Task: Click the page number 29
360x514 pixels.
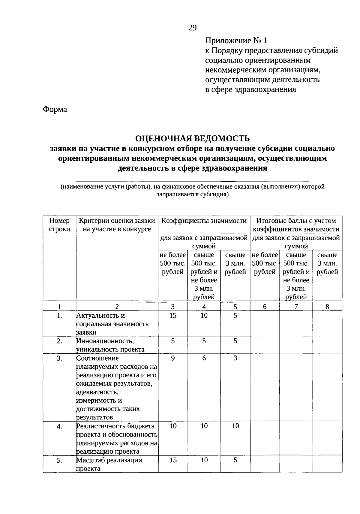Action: [x=192, y=28]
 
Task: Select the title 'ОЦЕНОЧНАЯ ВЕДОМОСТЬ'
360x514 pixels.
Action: [x=192, y=138]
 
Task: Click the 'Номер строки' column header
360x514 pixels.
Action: [x=59, y=225]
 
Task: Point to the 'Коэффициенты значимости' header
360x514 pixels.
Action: [x=204, y=221]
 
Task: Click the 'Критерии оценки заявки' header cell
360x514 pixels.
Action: [x=117, y=225]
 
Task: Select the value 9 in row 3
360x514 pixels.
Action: [x=173, y=358]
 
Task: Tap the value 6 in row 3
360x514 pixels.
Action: [x=204, y=358]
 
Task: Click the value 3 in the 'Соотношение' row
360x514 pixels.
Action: [x=235, y=358]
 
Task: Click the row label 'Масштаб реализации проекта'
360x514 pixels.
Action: [x=109, y=464]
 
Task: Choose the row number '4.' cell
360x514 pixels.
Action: [x=59, y=426]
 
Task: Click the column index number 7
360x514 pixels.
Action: [x=296, y=307]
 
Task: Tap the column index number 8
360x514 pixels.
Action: [x=327, y=307]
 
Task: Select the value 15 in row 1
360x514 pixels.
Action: [x=173, y=316]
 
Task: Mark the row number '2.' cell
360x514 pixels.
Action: [x=59, y=341]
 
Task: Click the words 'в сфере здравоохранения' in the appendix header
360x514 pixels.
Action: [x=250, y=89]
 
